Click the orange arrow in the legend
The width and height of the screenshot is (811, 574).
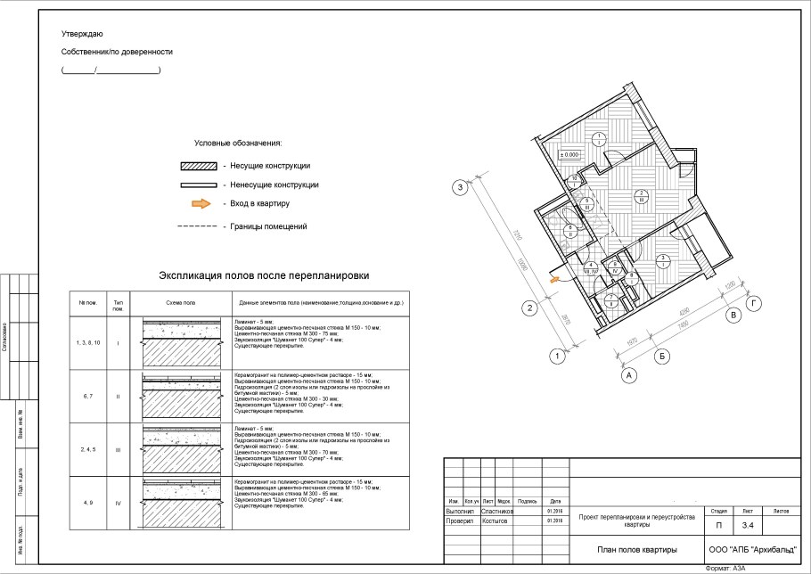coord(201,203)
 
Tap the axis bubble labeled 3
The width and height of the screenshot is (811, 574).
coord(460,187)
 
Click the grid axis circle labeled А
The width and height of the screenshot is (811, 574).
coord(629,375)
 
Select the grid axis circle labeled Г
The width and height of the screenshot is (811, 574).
coord(757,303)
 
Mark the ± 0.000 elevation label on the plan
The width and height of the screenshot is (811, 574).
coord(569,154)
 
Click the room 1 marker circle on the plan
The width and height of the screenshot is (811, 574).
coord(601,138)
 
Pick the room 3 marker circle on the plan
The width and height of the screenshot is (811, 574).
coord(662,260)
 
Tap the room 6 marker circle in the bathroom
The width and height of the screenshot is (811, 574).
coord(569,231)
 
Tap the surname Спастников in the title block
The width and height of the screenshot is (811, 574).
coord(496,511)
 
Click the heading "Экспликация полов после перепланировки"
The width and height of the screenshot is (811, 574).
coord(263,276)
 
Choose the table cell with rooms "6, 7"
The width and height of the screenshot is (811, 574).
coord(87,397)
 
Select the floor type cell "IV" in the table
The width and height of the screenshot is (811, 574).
coord(118,503)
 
